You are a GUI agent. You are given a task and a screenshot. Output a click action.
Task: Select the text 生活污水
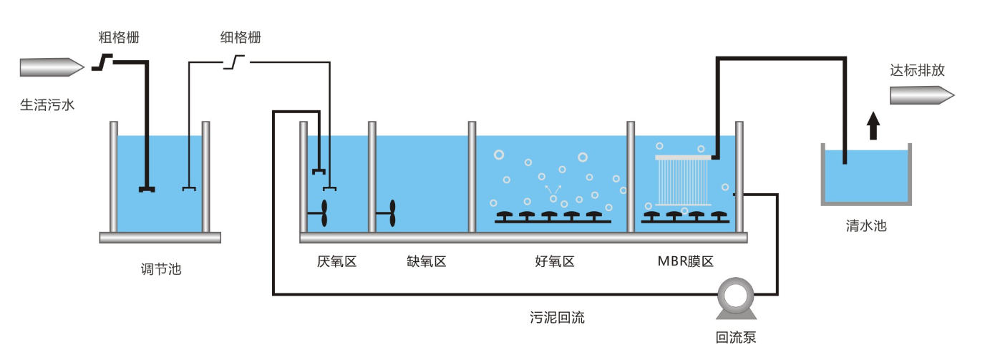47,105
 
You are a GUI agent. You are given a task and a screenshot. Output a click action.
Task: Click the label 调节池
161,270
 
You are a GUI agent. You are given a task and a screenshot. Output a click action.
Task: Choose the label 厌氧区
336,261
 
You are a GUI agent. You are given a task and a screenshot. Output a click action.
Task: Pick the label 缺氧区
426,261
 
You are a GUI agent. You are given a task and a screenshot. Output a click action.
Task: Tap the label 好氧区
555,261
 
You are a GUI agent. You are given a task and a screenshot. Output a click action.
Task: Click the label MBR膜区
686,261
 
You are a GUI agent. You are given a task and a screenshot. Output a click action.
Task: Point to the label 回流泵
736,337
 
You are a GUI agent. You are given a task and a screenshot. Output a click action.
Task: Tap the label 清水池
866,226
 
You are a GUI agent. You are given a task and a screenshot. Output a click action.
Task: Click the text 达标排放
917,70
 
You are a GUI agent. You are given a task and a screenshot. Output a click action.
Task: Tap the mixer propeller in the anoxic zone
392,213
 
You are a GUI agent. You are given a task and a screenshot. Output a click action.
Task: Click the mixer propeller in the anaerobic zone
324,213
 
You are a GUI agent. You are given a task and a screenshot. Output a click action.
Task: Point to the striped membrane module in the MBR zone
683,182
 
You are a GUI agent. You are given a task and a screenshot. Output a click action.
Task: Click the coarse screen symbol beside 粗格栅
105,64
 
